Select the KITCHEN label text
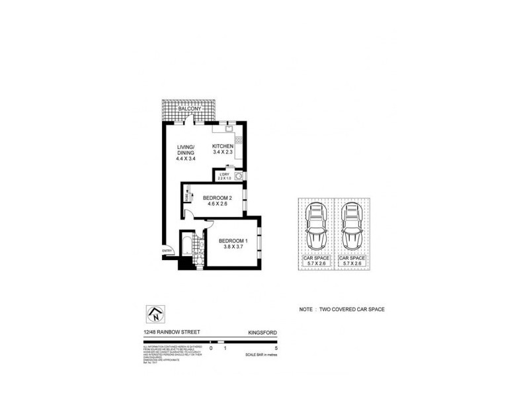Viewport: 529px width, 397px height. (222, 146)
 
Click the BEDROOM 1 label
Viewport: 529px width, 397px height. (233, 240)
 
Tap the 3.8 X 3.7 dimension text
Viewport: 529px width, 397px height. (233, 247)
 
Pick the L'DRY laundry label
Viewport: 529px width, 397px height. (224, 175)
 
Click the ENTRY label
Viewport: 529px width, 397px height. (167, 250)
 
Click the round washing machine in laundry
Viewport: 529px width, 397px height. (238, 176)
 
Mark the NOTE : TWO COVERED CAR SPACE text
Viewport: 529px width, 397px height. (342, 309)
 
